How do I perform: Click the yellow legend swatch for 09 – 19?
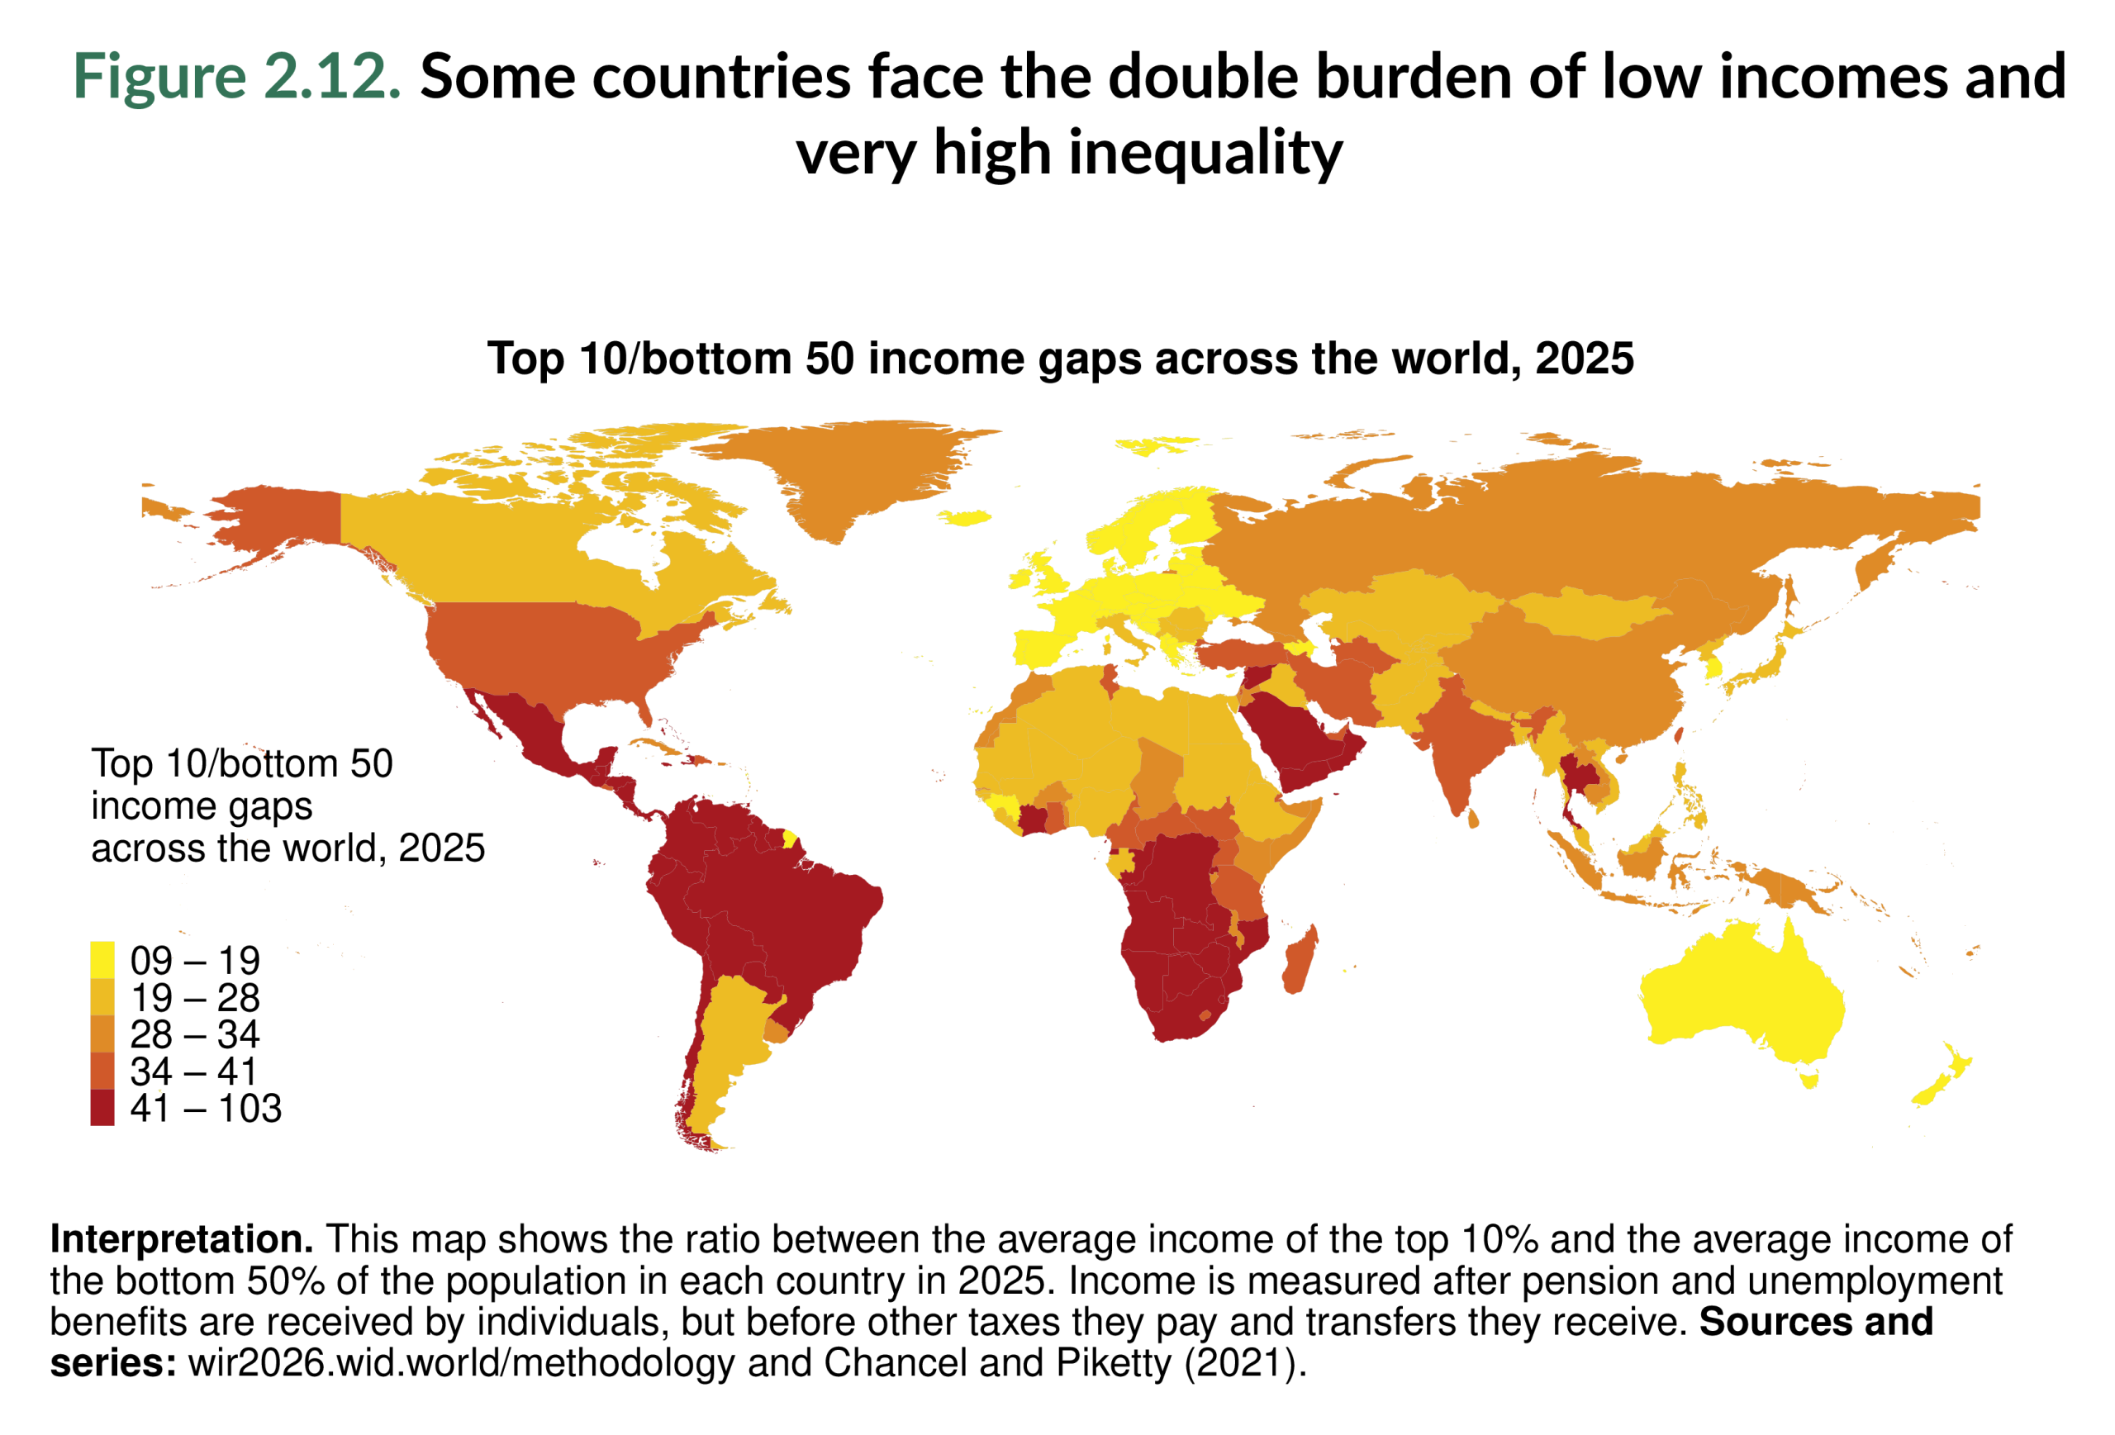tap(102, 959)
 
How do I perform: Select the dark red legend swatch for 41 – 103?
tap(102, 1107)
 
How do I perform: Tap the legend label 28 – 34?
tap(195, 1033)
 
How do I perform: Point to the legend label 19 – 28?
tap(195, 997)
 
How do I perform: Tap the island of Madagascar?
tap(1300, 961)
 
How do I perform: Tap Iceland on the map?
tap(965, 517)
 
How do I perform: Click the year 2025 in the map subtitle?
tap(1585, 359)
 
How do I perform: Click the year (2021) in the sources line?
tap(1244, 1363)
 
